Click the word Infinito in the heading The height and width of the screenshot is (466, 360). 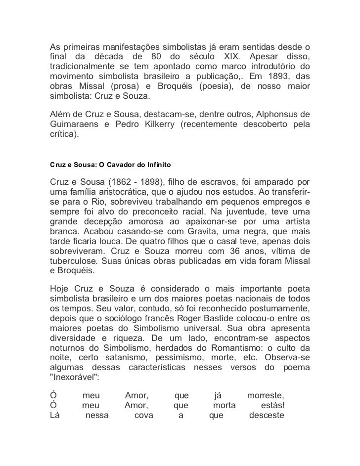coord(157,162)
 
